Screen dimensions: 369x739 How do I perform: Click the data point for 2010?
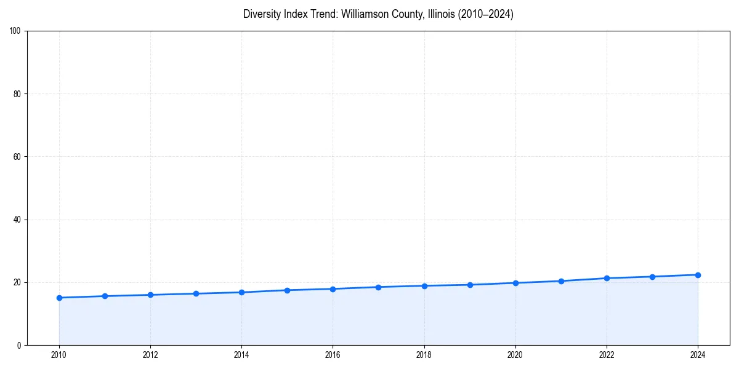[x=59, y=298]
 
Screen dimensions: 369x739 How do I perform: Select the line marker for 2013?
[x=196, y=293]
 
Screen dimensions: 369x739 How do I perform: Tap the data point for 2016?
[x=333, y=289]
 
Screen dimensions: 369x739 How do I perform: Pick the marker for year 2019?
[x=470, y=285]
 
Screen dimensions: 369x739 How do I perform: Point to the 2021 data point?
[x=561, y=281]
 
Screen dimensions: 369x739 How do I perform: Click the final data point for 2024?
[x=698, y=275]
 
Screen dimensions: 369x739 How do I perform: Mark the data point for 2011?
[x=105, y=296]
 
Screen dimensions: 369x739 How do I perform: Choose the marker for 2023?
[x=652, y=277]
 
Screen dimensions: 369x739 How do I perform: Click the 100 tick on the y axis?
[x=17, y=31]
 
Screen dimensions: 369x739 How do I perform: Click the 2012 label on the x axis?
[x=150, y=354]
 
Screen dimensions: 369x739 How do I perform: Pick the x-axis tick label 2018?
[x=424, y=354]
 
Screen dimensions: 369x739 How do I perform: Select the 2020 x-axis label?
[x=515, y=354]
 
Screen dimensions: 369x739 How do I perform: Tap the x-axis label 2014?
[x=241, y=354]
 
